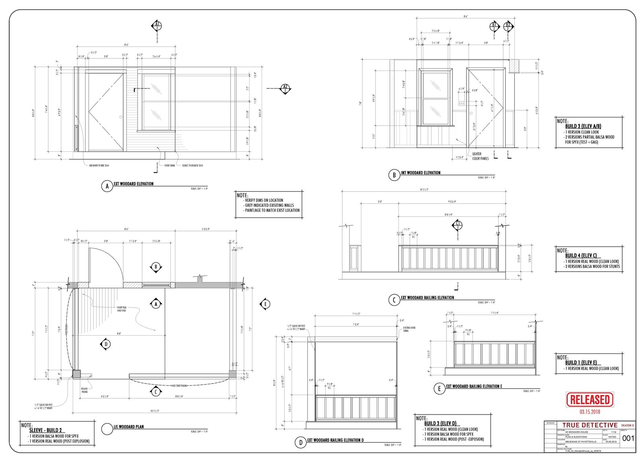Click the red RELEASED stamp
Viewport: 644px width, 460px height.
click(x=590, y=400)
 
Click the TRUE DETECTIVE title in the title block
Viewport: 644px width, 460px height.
click(x=590, y=425)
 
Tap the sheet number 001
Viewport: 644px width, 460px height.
click(x=628, y=438)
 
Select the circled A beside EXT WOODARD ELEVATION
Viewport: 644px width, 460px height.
click(x=107, y=186)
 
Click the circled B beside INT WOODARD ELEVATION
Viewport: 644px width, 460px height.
click(x=394, y=175)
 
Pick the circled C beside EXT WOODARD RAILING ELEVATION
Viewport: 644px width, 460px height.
click(x=394, y=300)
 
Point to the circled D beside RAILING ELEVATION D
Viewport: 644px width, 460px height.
click(x=301, y=443)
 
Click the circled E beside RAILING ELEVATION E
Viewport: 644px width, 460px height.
click(x=439, y=389)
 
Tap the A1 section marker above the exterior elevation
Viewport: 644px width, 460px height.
click(x=157, y=26)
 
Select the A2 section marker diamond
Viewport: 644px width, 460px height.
click(x=285, y=89)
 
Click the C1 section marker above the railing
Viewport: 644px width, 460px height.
click(x=458, y=225)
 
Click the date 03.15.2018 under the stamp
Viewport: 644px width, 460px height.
click(x=590, y=412)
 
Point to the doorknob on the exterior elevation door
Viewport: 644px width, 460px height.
click(x=121, y=117)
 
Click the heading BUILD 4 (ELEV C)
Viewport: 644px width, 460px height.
click(x=580, y=256)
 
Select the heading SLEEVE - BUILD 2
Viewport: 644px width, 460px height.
click(x=45, y=430)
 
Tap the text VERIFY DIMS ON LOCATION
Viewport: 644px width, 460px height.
click(x=264, y=200)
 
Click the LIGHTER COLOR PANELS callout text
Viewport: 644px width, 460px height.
click(x=480, y=156)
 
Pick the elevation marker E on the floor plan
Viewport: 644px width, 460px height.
click(x=265, y=304)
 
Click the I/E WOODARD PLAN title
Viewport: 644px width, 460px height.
click(x=129, y=427)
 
